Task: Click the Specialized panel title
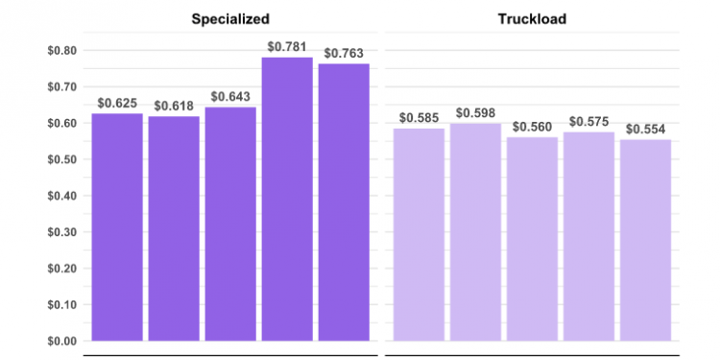click(x=229, y=18)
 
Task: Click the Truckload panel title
click(x=532, y=18)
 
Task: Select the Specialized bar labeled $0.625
click(x=117, y=227)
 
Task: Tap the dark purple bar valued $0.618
click(x=174, y=228)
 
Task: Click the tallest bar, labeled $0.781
click(x=287, y=199)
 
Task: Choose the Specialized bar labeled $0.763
click(x=344, y=202)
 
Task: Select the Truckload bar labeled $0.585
click(x=419, y=234)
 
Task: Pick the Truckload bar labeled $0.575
click(x=588, y=236)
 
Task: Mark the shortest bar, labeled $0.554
click(x=645, y=240)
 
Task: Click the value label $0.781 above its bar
click(x=287, y=47)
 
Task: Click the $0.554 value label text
click(x=645, y=130)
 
